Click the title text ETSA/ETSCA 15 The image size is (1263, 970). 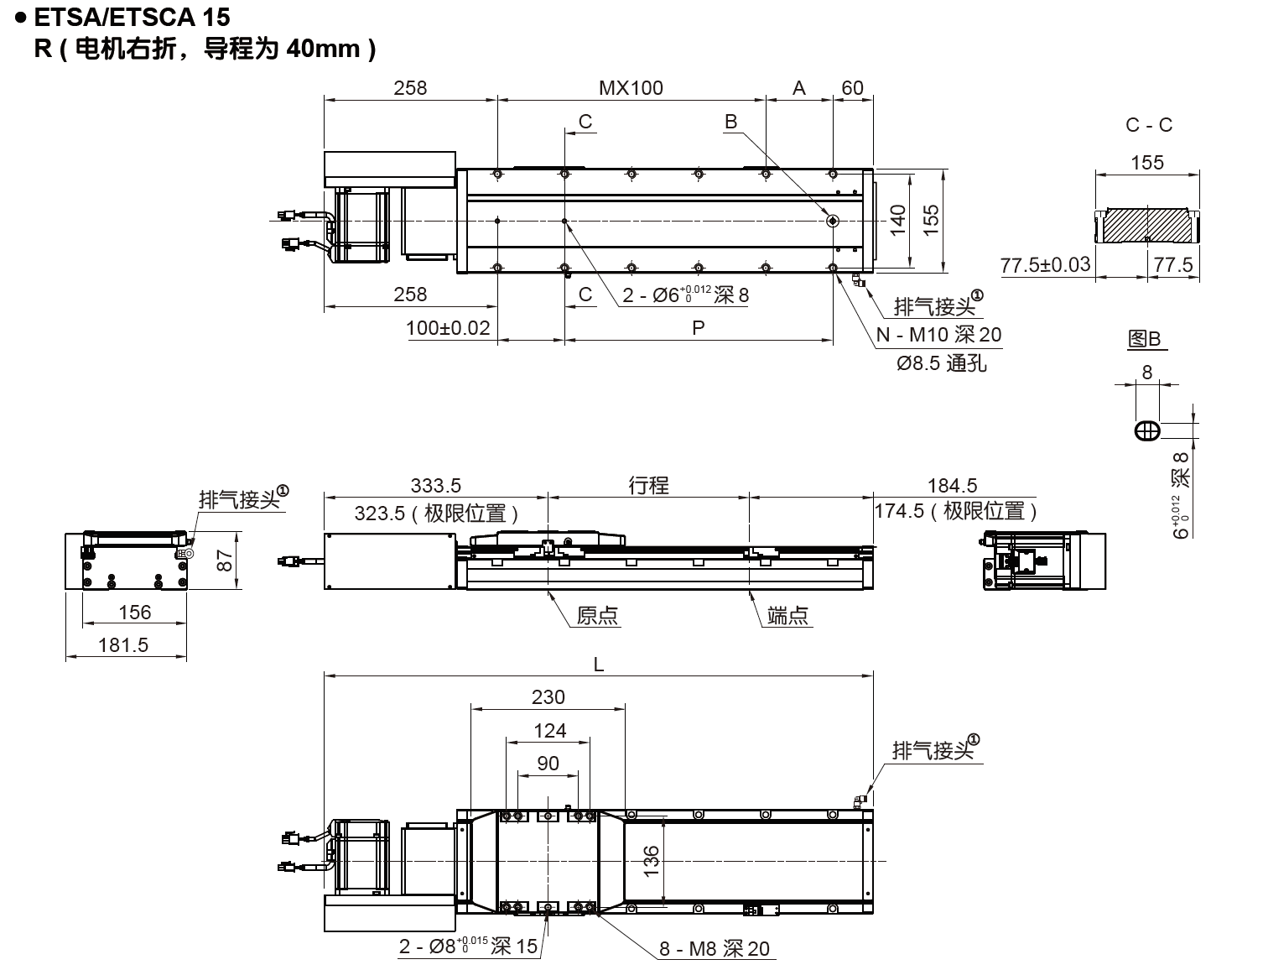(132, 18)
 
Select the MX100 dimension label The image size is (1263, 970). (631, 88)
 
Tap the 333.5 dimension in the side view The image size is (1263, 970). (435, 485)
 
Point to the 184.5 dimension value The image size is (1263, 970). (952, 485)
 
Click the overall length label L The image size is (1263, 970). (598, 664)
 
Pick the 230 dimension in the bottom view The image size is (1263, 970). (548, 696)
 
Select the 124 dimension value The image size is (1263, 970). (550, 730)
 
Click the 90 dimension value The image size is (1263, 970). (548, 763)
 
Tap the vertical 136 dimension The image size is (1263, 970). (651, 861)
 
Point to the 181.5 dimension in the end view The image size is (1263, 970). (123, 645)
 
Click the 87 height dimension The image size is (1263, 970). (225, 561)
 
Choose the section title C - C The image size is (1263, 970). (1148, 124)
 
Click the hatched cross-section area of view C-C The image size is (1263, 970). (1147, 225)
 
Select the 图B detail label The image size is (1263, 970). (1144, 338)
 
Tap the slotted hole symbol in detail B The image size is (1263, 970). (1147, 431)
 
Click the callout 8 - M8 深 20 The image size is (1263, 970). (714, 949)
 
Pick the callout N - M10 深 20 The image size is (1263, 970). (938, 335)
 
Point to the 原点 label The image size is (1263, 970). (597, 615)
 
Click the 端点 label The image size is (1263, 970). (787, 615)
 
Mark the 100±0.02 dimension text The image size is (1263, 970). (448, 328)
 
